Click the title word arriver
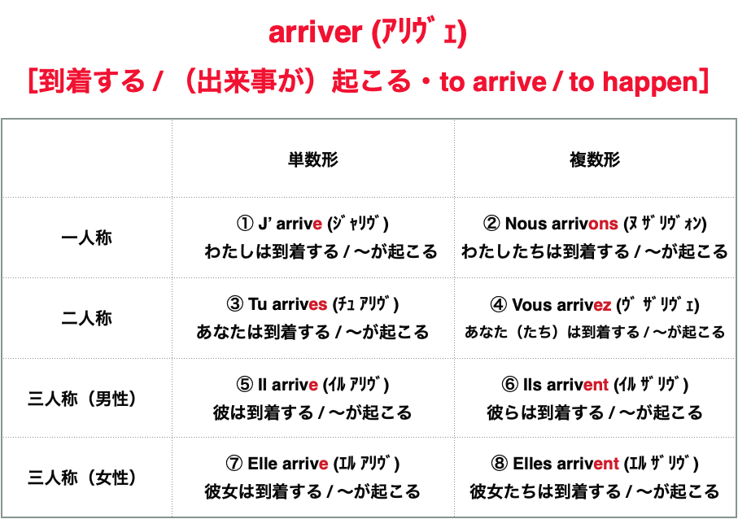[x=314, y=33]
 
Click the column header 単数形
[x=313, y=159]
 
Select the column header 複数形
[x=595, y=159]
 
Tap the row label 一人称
[x=86, y=238]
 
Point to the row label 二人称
[x=86, y=318]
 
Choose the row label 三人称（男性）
[x=86, y=399]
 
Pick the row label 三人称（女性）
[x=86, y=478]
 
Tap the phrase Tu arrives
[x=287, y=304]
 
